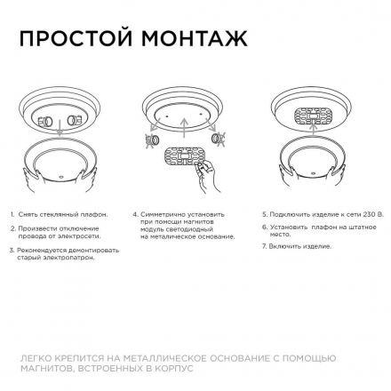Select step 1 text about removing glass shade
click(x=61, y=214)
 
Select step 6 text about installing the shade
click(x=320, y=228)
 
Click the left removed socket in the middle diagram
click(x=153, y=140)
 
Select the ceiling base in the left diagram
click(x=58, y=119)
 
